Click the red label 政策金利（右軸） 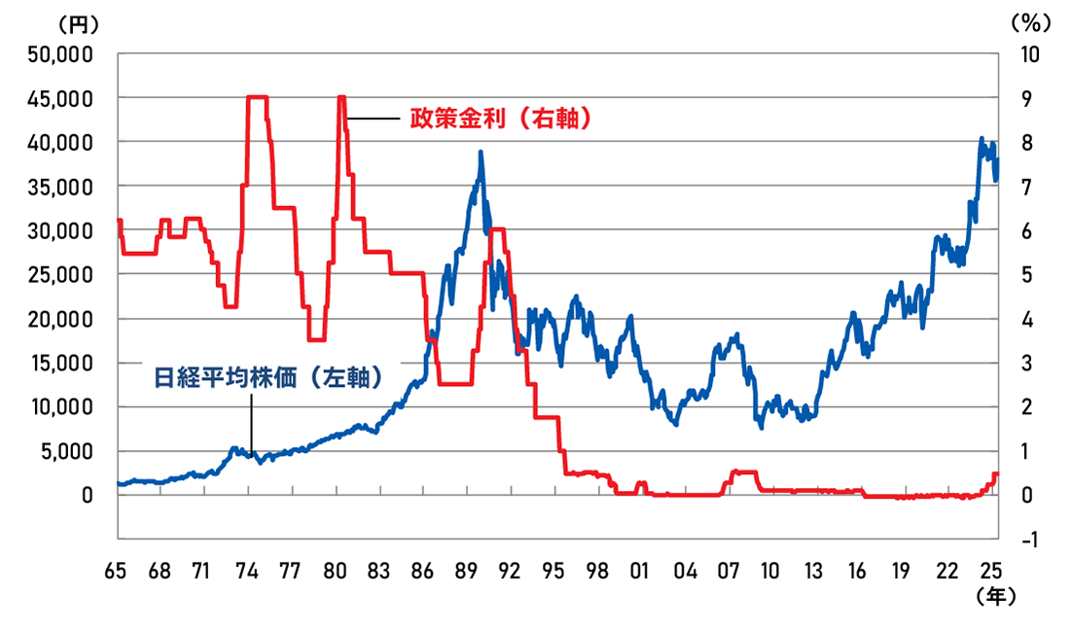pyautogui.click(x=501, y=119)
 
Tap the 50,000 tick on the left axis pyautogui.click(x=61, y=53)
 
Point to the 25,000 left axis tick pyautogui.click(x=61, y=274)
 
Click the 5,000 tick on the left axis pyautogui.click(x=67, y=451)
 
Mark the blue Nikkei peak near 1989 pyautogui.click(x=481, y=153)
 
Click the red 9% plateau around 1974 pyautogui.click(x=257, y=97)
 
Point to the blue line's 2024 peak pyautogui.click(x=981, y=139)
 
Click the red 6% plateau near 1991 pyautogui.click(x=497, y=229)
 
